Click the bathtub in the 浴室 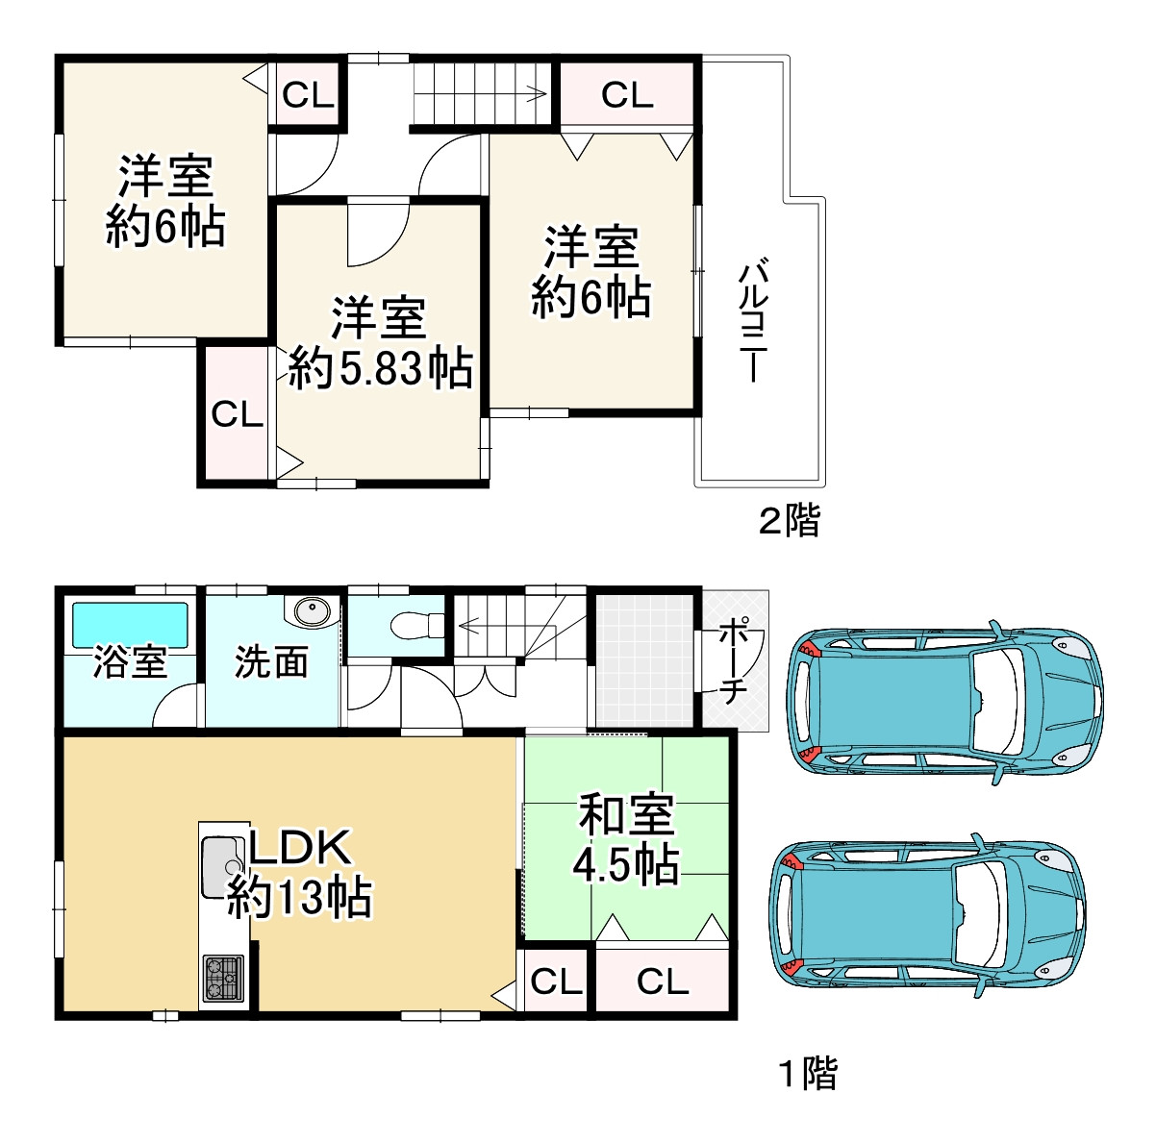pyautogui.click(x=130, y=625)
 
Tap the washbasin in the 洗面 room pyautogui.click(x=312, y=611)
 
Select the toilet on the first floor pyautogui.click(x=417, y=625)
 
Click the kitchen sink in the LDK pyautogui.click(x=222, y=867)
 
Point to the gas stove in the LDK pyautogui.click(x=223, y=979)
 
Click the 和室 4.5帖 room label pyautogui.click(x=626, y=839)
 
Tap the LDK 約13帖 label pyautogui.click(x=299, y=873)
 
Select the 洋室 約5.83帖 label pyautogui.click(x=380, y=342)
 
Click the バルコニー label pyautogui.click(x=752, y=321)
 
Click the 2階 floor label pyautogui.click(x=789, y=520)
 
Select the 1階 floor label pyautogui.click(x=808, y=1073)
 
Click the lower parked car pyautogui.click(x=927, y=916)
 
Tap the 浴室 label pyautogui.click(x=130, y=661)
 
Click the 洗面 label pyautogui.click(x=271, y=661)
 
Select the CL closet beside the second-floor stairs pyautogui.click(x=627, y=95)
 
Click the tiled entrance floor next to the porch pyautogui.click(x=644, y=659)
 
